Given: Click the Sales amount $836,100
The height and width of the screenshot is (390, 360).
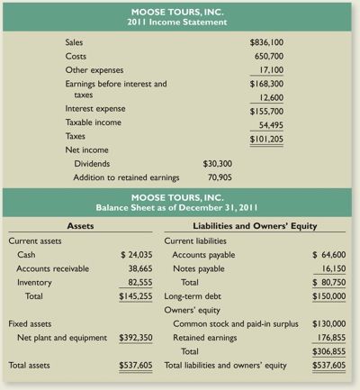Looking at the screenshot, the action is click(x=267, y=42).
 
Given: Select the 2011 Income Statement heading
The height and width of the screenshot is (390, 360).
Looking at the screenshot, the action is click(x=180, y=22).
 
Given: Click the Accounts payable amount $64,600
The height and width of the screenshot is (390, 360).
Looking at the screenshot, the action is click(x=328, y=255).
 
